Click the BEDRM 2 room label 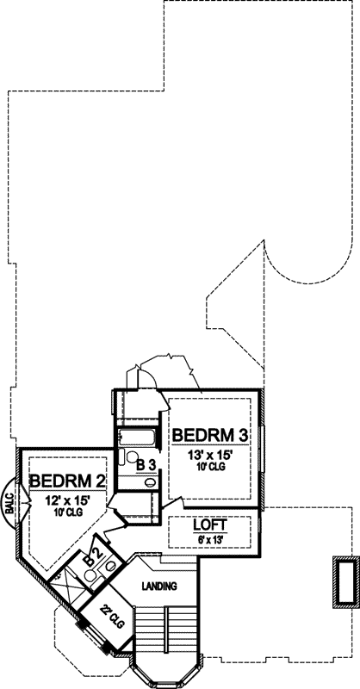tap(66, 481)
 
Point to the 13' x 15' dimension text tap(209, 454)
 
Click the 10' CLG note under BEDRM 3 tap(209, 468)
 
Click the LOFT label tap(209, 525)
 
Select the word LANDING tap(159, 587)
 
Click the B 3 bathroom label tap(146, 465)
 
